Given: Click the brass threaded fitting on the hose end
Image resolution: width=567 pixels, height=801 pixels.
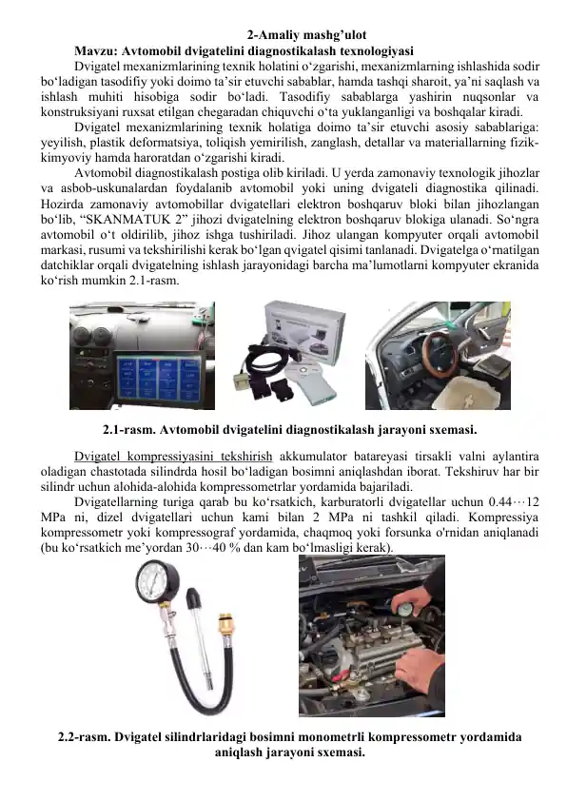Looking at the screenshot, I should (x=226, y=628).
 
